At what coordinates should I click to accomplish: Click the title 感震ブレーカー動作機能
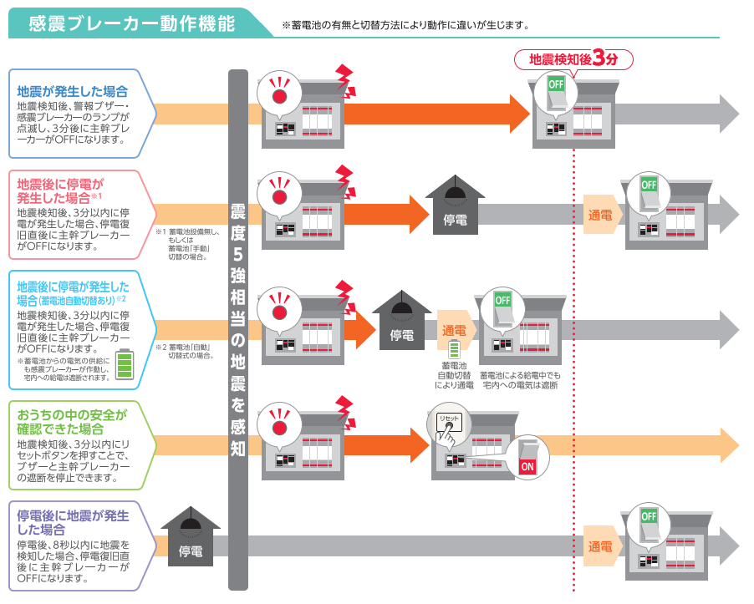(x=131, y=23)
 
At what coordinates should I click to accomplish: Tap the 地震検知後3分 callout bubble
(x=573, y=60)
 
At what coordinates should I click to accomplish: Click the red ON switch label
(x=527, y=466)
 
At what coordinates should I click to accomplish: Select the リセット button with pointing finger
(x=448, y=427)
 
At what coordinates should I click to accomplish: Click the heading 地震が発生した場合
(x=72, y=91)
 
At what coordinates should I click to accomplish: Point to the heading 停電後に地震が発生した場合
(x=73, y=523)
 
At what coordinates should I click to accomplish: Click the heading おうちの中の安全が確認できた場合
(x=72, y=422)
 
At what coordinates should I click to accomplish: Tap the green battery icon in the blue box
(x=125, y=364)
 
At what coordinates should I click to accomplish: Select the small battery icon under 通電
(x=453, y=349)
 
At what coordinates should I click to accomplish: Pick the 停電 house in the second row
(x=455, y=206)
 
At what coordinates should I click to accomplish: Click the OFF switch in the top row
(x=556, y=94)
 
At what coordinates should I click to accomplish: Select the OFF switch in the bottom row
(x=648, y=525)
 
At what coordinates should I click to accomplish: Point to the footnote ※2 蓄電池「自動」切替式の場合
(x=185, y=351)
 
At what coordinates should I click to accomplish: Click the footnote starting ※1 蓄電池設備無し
(x=187, y=244)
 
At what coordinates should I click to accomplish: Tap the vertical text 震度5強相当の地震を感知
(x=238, y=329)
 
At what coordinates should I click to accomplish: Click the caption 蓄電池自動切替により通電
(x=454, y=375)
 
